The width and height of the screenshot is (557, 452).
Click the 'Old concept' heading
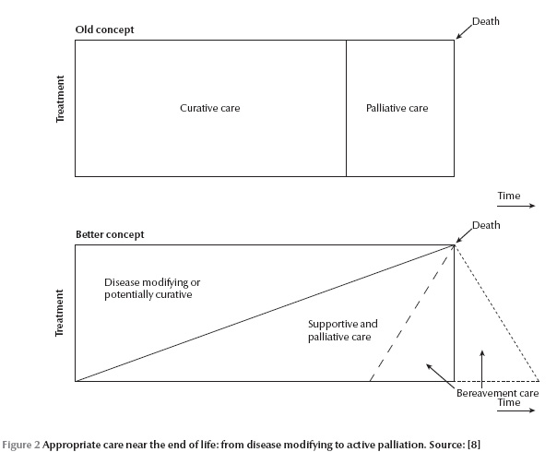coord(104,30)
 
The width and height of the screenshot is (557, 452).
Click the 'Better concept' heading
coord(110,234)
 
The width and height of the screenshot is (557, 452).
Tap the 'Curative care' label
coord(210,108)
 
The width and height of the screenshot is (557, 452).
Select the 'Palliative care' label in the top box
coord(397,108)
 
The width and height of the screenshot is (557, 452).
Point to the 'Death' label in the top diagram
coord(486,21)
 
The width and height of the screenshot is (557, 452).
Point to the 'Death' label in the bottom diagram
coord(486,225)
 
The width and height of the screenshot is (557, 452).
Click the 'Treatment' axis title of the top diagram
coord(60,99)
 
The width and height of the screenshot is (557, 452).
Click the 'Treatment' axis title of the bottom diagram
coord(60,313)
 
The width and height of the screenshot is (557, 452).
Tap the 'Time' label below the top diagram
coord(509,196)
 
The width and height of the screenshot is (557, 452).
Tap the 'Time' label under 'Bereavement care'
coord(509,402)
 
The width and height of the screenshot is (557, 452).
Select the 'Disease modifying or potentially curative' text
coord(152,289)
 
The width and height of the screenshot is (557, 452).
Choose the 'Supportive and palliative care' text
coord(342,330)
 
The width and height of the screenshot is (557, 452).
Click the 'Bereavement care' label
coord(497,393)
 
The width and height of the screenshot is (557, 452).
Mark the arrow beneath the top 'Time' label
coord(516,206)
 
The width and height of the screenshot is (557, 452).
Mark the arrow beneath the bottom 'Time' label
coord(516,410)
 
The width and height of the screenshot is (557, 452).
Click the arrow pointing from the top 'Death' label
coord(464,31)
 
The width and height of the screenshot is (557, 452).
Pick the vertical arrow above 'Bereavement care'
coord(482,369)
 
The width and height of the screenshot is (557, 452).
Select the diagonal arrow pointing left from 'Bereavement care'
coord(440,376)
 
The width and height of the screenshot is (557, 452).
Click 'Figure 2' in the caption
coord(21,445)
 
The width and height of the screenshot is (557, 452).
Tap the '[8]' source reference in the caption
coord(474,445)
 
